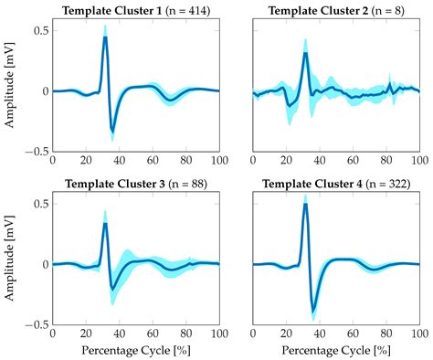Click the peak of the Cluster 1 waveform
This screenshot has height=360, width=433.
pos(105,37)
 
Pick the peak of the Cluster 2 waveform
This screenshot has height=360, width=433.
pos(305,53)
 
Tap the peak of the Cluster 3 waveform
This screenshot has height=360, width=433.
pos(105,223)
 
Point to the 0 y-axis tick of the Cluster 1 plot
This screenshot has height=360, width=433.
pos(44,91)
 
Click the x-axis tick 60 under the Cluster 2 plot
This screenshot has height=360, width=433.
pos(353,161)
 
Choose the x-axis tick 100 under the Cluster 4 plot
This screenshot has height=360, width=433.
pos(418,334)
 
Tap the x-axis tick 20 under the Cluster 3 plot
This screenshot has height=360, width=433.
pos(85,334)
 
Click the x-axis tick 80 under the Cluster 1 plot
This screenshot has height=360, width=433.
pos(185,161)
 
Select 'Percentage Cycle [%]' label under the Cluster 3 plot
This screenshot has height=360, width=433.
pos(135,351)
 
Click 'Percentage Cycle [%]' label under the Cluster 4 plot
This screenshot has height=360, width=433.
pos(335,351)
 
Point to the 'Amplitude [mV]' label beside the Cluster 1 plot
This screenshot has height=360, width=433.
pos(11,91)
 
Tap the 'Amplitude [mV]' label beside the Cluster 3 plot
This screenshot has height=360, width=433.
pos(11,264)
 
